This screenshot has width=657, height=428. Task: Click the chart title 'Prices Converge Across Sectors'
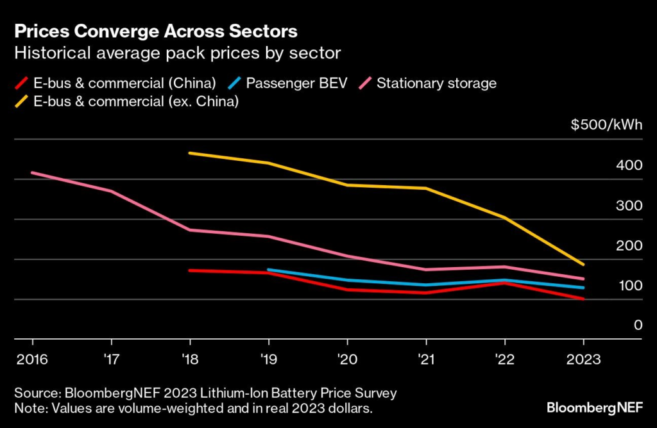[x=155, y=31]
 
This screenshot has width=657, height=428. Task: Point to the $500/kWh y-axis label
[x=606, y=125]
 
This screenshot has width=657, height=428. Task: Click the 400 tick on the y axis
[x=629, y=165]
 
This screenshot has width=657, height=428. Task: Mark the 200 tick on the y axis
[x=629, y=245]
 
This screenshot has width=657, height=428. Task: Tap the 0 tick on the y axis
[x=636, y=325]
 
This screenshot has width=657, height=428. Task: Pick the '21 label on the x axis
[x=425, y=359]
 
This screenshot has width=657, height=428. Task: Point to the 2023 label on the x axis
[x=583, y=359]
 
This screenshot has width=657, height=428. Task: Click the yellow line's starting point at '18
[x=190, y=154]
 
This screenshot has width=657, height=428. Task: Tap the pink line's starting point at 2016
[x=32, y=173]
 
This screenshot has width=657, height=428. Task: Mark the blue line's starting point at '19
[x=268, y=270]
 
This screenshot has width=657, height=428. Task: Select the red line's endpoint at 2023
[x=583, y=299]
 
